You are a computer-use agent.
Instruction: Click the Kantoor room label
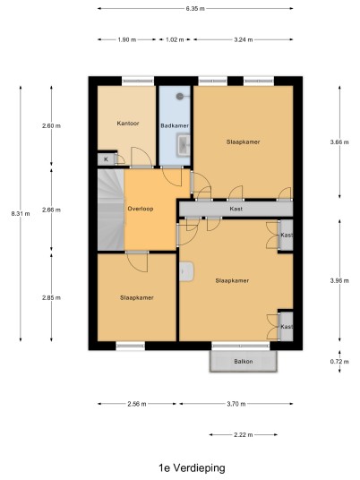pyautogui.click(x=128, y=124)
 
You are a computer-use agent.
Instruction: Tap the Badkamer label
pyautogui.click(x=175, y=125)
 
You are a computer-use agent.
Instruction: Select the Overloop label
pyautogui.click(x=141, y=209)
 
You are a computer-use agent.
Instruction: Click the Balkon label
pyautogui.click(x=244, y=362)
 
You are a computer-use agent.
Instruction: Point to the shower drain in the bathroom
pyautogui.click(x=180, y=97)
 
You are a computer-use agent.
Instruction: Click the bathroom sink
pyautogui.click(x=184, y=145)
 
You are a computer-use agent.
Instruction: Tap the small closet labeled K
pyautogui.click(x=107, y=159)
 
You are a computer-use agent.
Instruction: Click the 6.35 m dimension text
pyautogui.click(x=195, y=9)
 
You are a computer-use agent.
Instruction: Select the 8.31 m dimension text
pyautogui.click(x=21, y=214)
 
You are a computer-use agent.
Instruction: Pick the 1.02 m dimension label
pyautogui.click(x=175, y=39)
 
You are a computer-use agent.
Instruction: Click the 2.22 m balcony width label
pyautogui.click(x=244, y=434)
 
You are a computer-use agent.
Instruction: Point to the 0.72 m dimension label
pyautogui.click(x=339, y=362)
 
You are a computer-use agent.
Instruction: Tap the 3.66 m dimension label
pyautogui.click(x=339, y=142)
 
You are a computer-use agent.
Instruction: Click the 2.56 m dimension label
pyautogui.click(x=137, y=404)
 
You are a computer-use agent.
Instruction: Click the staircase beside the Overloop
pyautogui.click(x=111, y=210)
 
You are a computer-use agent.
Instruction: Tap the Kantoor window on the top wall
pyautogui.click(x=138, y=81)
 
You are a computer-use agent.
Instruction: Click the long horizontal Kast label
pyautogui.click(x=236, y=209)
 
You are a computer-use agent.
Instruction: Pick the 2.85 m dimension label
pyautogui.click(x=51, y=297)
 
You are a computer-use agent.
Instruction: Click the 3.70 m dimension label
pyautogui.click(x=236, y=404)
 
